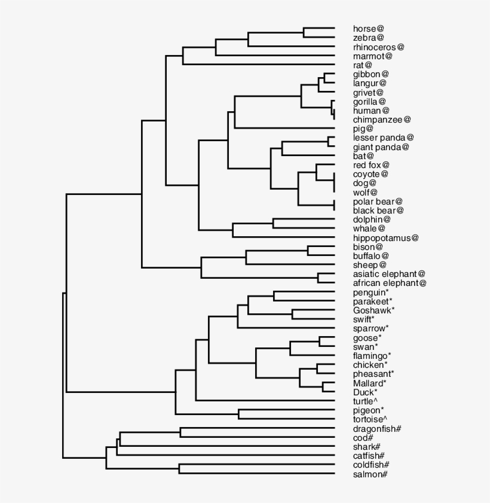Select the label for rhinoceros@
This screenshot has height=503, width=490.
click(378, 47)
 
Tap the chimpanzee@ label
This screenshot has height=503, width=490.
click(381, 120)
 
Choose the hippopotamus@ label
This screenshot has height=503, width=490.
click(385, 237)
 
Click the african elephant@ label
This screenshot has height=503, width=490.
click(389, 283)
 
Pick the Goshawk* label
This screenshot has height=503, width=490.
click(373, 310)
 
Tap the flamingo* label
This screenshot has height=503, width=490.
click(372, 356)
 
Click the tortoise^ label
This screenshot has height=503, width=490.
click(370, 419)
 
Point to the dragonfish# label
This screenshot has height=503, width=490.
click(376, 429)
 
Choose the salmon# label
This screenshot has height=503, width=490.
click(370, 474)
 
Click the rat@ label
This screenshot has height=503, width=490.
click(363, 65)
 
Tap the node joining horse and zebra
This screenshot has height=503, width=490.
click(304, 32)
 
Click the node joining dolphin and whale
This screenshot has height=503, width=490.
click(274, 224)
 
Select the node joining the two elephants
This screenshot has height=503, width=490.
click(318, 278)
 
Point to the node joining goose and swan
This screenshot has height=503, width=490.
click(320, 342)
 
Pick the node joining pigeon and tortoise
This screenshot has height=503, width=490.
click(238, 414)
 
